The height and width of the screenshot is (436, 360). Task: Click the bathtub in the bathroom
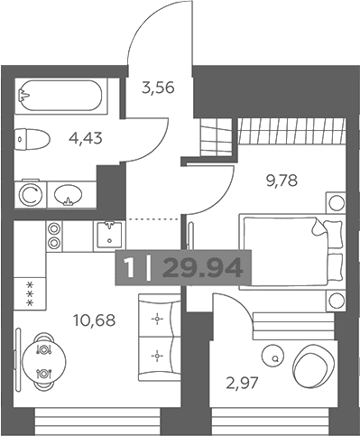(61, 96)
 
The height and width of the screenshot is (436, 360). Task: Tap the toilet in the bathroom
(32, 139)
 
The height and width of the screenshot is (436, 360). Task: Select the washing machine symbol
(31, 194)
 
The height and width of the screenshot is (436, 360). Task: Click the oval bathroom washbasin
(69, 195)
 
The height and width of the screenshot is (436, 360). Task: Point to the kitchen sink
(109, 236)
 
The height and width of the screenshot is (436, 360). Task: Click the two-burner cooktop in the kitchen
(54, 236)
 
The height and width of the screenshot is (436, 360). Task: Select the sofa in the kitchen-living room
(160, 338)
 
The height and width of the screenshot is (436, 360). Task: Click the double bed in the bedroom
(291, 252)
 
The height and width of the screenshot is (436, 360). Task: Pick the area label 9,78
(282, 181)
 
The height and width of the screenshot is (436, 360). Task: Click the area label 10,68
(94, 320)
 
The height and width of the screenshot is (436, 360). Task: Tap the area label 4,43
(86, 138)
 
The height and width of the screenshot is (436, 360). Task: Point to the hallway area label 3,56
(158, 88)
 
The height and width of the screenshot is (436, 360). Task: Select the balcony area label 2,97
(242, 383)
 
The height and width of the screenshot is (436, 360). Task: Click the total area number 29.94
(203, 268)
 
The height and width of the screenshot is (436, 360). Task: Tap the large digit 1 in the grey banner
(129, 268)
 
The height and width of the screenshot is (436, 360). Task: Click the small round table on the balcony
(272, 356)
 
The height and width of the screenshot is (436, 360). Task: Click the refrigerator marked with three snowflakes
(30, 293)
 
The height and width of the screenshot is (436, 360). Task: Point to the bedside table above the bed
(336, 203)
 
